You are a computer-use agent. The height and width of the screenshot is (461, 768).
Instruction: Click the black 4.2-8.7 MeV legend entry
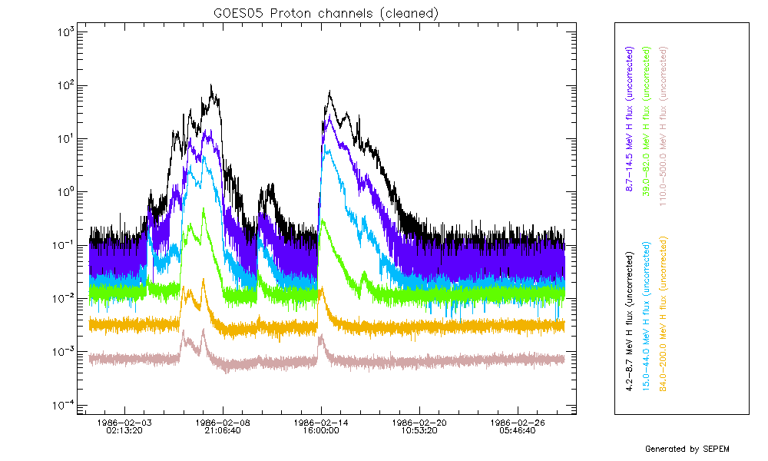(x=630, y=317)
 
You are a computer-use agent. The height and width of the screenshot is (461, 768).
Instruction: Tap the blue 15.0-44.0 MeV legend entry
(x=647, y=317)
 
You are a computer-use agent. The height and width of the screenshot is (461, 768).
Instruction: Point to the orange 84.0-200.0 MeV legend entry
(x=665, y=317)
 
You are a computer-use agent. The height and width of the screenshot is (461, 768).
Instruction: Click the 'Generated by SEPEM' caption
(x=686, y=449)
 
